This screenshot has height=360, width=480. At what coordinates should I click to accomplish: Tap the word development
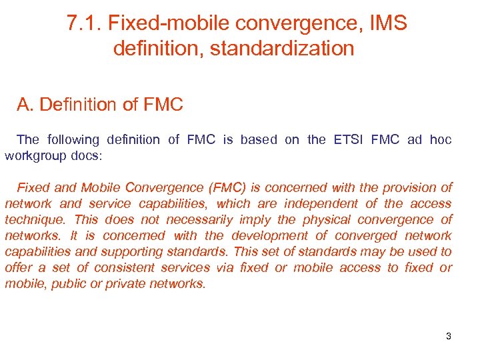(266, 236)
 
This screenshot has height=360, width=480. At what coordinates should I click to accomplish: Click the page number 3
(449, 336)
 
